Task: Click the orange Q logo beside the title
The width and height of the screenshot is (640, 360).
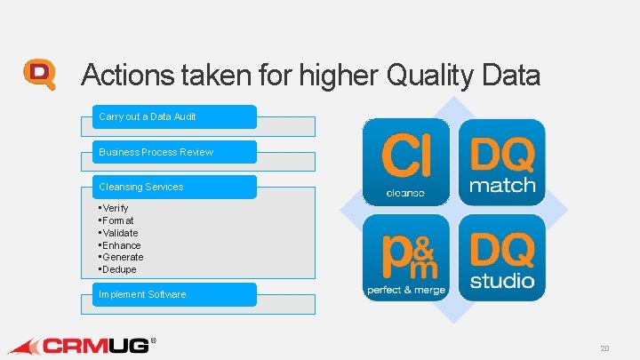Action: (40, 75)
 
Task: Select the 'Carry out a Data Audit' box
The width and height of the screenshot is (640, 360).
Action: (174, 116)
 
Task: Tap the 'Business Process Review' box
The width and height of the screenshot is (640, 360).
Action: (174, 152)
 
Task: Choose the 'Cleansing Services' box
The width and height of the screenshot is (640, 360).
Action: (174, 187)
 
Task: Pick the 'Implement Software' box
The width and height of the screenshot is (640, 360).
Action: (174, 294)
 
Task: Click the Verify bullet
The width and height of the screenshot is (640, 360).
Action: (115, 208)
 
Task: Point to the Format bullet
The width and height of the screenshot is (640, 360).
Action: (117, 220)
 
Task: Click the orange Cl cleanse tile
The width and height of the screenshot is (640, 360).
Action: (405, 162)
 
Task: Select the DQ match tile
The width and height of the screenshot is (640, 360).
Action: (501, 162)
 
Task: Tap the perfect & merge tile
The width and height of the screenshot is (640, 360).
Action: (405, 256)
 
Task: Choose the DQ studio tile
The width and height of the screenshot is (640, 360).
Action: (501, 256)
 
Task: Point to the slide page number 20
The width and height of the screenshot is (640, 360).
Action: (604, 348)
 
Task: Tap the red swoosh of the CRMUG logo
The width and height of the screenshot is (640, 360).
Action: (25, 346)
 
